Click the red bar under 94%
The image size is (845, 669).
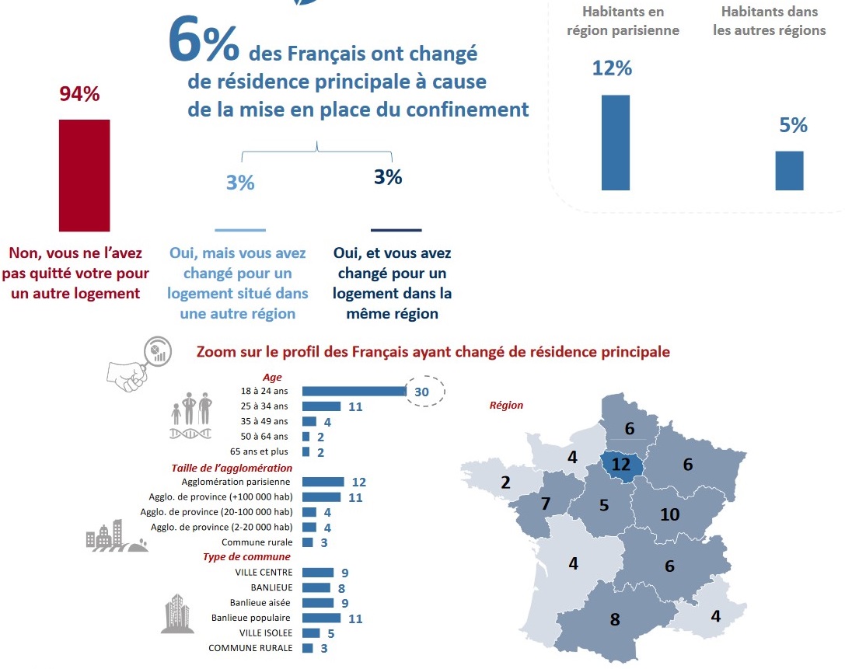pos(84,175)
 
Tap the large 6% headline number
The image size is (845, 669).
pos(204,43)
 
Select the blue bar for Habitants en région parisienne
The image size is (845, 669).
pos(615,142)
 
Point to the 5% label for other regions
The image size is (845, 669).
pos(793,125)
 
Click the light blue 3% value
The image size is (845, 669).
pos(240,183)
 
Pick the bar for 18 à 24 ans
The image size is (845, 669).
pos(354,391)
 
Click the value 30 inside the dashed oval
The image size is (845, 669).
pos(422,392)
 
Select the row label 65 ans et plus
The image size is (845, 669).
pos(259,451)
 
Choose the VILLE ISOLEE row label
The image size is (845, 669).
pos(265,633)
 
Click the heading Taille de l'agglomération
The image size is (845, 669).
pos(232,468)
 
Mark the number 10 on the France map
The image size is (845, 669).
pos(669,514)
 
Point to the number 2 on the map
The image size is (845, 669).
pos(505,483)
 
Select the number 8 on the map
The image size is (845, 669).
pos(615,619)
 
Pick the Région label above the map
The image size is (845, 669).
pos(506,405)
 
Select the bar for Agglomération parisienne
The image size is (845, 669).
pos(323,482)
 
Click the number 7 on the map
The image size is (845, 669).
pos(546,503)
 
